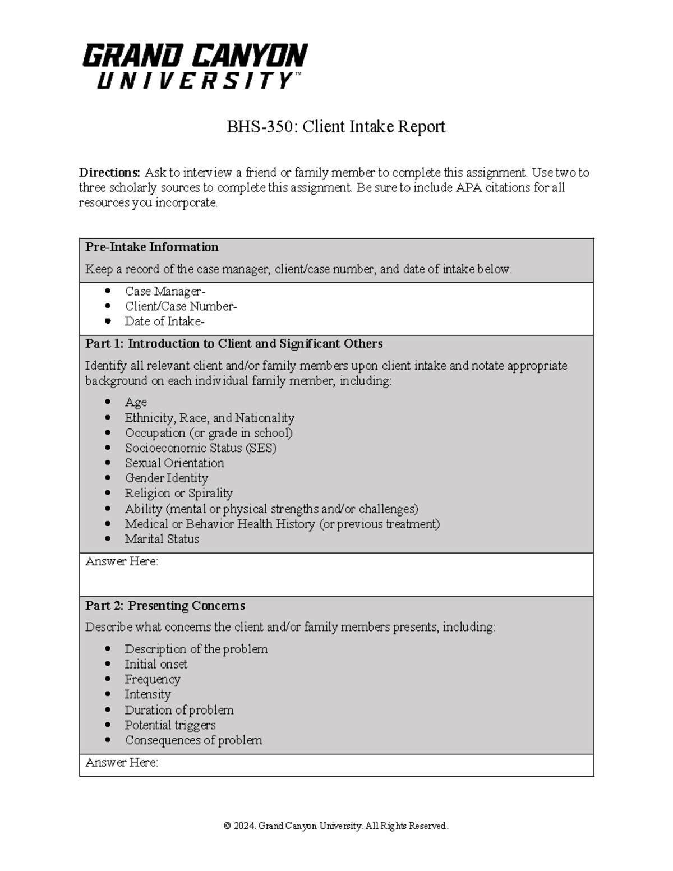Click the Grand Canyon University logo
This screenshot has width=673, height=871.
pyautogui.click(x=195, y=66)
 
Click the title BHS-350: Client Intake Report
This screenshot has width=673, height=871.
pyautogui.click(x=335, y=127)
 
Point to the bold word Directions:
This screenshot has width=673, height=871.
pyautogui.click(x=109, y=172)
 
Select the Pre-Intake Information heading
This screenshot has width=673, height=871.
pyautogui.click(x=151, y=247)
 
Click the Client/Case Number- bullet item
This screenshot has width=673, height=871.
pyautogui.click(x=181, y=306)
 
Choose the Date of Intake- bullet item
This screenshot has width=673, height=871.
pyautogui.click(x=164, y=321)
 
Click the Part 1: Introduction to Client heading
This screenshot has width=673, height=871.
pyautogui.click(x=234, y=343)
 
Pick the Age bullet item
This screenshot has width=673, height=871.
pyautogui.click(x=136, y=402)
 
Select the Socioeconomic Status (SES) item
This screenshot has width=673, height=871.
pyautogui.click(x=201, y=448)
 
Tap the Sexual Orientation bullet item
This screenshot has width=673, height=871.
pyautogui.click(x=174, y=463)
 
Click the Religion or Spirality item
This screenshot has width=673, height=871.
pyautogui.click(x=178, y=493)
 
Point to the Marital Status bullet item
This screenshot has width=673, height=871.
pyautogui.click(x=162, y=539)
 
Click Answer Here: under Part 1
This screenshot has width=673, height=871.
pyautogui.click(x=122, y=561)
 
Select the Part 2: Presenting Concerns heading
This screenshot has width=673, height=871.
pyautogui.click(x=165, y=606)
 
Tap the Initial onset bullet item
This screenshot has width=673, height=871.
pyautogui.click(x=156, y=664)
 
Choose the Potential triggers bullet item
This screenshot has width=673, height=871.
pyautogui.click(x=170, y=725)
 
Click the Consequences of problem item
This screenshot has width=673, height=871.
pyautogui.click(x=193, y=740)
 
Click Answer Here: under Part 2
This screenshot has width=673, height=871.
pyautogui.click(x=122, y=762)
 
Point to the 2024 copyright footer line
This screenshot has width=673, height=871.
pyautogui.click(x=336, y=826)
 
